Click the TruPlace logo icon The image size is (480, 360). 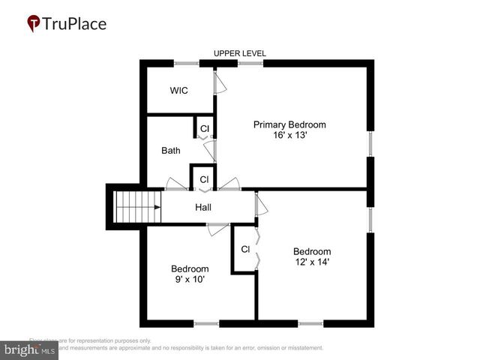[34, 24]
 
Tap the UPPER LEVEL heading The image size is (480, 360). [240, 53]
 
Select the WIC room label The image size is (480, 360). [178, 91]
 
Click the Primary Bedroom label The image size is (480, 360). [289, 124]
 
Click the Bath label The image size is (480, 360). [171, 151]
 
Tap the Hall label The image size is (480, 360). [204, 207]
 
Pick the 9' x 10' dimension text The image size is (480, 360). [188, 279]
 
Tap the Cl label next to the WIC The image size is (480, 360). [204, 129]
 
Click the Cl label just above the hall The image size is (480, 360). [204, 179]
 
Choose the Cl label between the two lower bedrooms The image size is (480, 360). [245, 249]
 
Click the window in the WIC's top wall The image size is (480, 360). [186, 64]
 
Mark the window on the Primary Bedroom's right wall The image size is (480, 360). [370, 144]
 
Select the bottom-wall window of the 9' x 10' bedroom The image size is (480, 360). [206, 323]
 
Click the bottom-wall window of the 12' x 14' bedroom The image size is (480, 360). [310, 323]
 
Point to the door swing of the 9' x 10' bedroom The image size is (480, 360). [218, 229]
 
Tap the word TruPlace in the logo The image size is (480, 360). [75, 24]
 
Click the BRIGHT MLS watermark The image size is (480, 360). [30, 350]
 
